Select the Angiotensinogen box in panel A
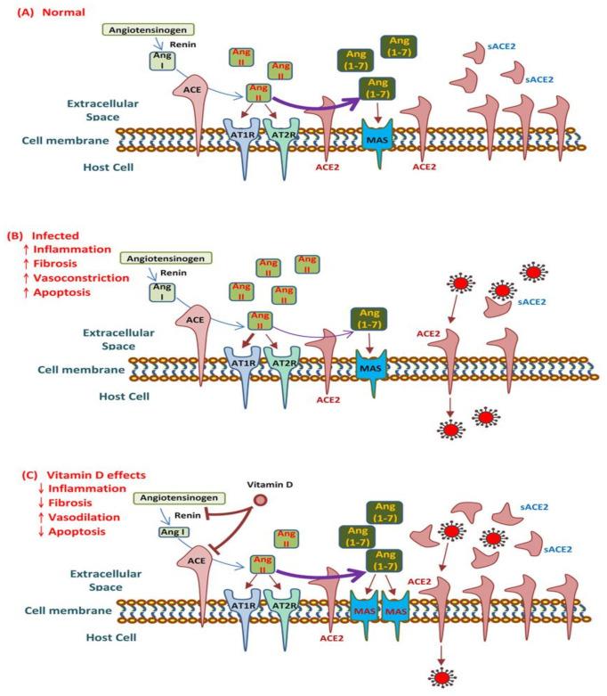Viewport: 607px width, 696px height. pyautogui.click(x=145, y=29)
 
